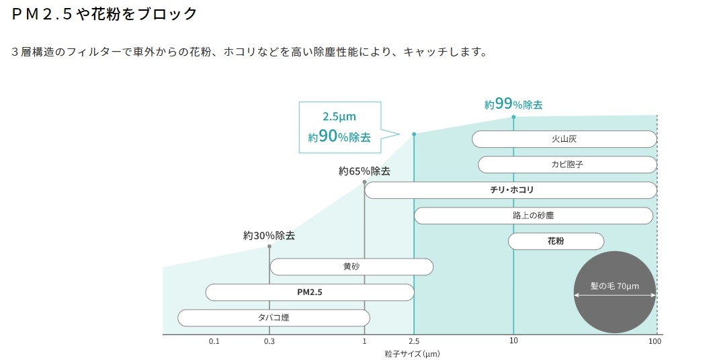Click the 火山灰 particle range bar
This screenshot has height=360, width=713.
coord(564,139)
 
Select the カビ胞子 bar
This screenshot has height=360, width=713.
coord(567,165)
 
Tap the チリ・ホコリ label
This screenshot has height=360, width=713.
coord(511,190)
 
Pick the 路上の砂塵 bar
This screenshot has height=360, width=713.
coord(534,216)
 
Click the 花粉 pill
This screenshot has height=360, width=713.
coord(556,241)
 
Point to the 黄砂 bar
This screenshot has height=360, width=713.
coord(351,267)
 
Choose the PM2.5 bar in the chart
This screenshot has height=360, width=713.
coord(310,292)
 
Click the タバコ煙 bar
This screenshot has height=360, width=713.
coord(274,318)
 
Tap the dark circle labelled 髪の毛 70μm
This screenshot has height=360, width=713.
coord(615,292)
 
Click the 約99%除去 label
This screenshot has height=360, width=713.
coord(513,105)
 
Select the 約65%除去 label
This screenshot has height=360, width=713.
coord(364,171)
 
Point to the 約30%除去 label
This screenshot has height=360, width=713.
coord(269,236)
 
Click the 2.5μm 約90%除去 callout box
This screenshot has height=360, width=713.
coord(339,127)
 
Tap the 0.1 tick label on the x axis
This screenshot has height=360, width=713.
coord(214,341)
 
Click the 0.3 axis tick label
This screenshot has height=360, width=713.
coord(269,341)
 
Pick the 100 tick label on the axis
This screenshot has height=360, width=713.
coord(655,341)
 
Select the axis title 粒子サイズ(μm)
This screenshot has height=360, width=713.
coord(413,354)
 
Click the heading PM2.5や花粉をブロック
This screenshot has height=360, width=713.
coord(104,14)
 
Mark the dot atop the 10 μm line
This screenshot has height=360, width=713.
coord(513,118)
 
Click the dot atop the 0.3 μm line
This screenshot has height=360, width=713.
coord(269,246)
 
